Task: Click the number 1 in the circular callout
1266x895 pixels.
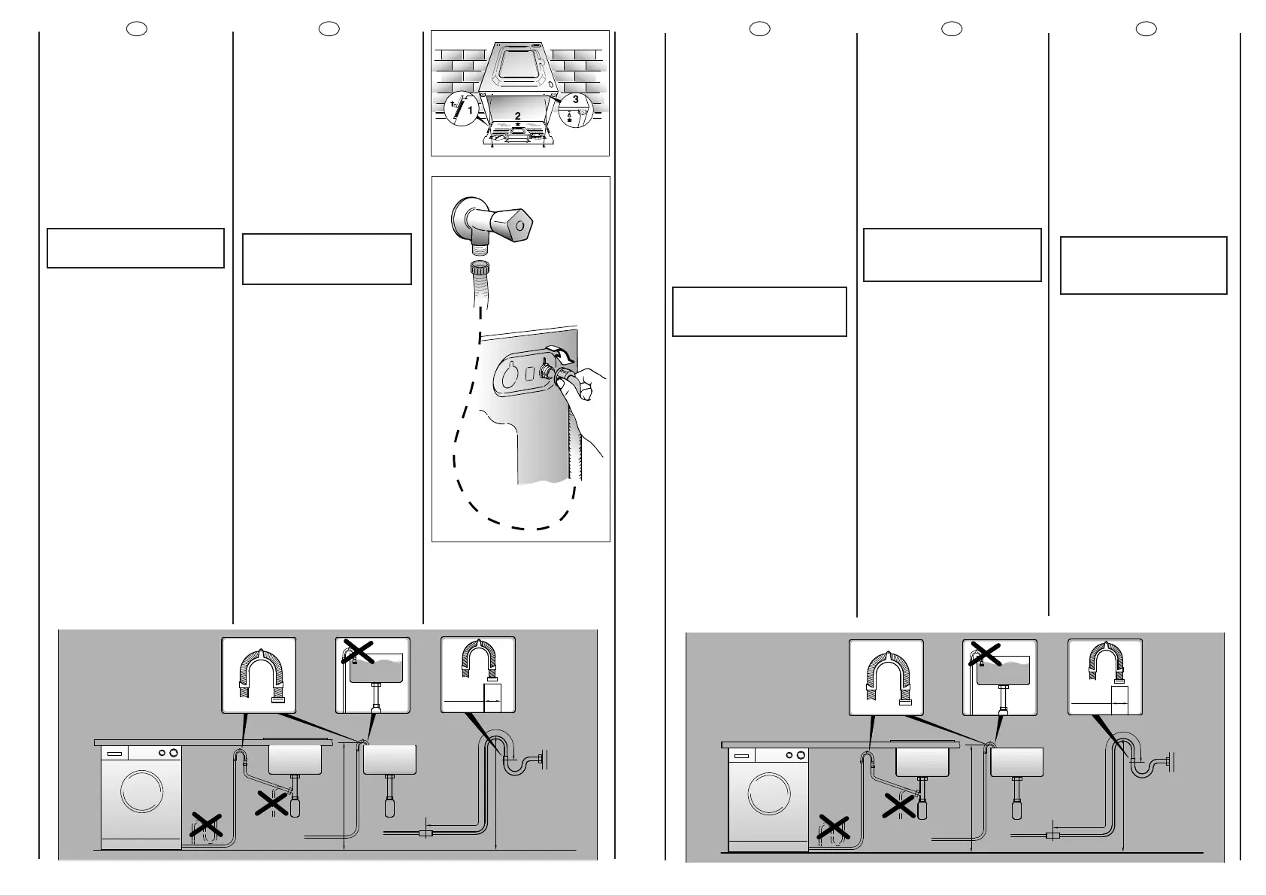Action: [471, 111]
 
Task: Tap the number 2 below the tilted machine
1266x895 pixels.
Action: [517, 115]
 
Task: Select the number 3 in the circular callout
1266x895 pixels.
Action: [575, 99]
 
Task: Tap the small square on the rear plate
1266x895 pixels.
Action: [529, 372]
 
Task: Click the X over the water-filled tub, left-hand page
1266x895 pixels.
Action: [359, 651]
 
